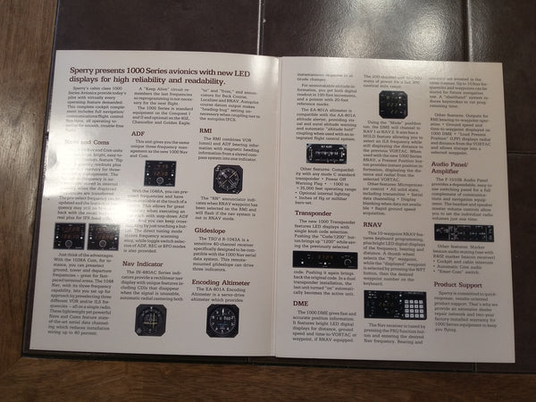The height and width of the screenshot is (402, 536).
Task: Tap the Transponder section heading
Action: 314,214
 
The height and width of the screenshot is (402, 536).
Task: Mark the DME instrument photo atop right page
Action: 393,105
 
